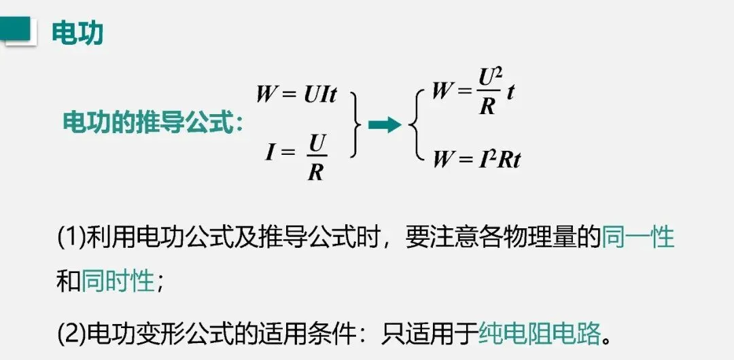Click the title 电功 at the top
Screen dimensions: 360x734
[77, 31]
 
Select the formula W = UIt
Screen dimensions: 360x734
[296, 94]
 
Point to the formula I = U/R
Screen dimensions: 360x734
[297, 156]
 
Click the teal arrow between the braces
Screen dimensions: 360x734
[384, 124]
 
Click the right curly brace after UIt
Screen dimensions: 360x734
[355, 124]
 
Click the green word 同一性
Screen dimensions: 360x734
[638, 237]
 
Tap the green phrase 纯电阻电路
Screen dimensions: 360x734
[540, 333]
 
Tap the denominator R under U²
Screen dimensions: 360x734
[487, 106]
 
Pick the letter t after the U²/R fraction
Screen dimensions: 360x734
[510, 92]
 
